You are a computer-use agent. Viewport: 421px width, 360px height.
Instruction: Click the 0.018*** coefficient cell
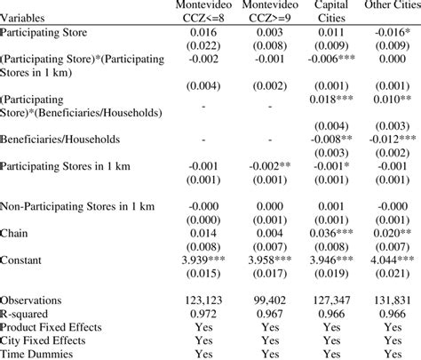[327, 100]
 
